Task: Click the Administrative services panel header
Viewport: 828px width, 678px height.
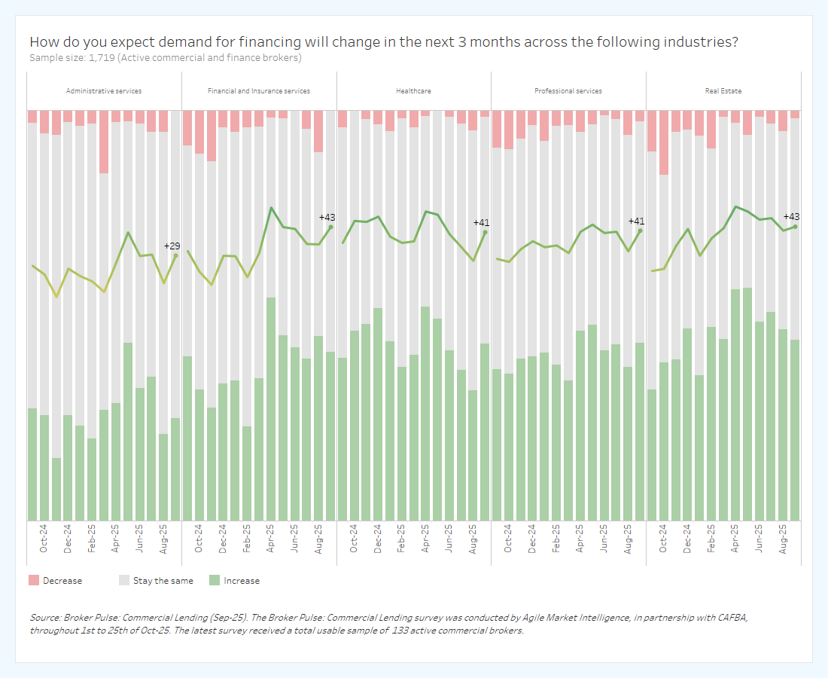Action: pos(104,91)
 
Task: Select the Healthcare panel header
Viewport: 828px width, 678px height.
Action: pos(413,91)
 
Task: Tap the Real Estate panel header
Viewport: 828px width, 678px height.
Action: pos(723,91)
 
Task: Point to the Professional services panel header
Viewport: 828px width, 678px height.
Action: pos(568,91)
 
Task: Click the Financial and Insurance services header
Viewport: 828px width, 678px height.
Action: pos(259,91)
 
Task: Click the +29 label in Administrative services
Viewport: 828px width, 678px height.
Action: pos(172,246)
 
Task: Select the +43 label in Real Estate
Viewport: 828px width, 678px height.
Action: pos(791,216)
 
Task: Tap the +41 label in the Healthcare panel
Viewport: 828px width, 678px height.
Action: pos(481,222)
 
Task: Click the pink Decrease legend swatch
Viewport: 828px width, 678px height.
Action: pos(33,581)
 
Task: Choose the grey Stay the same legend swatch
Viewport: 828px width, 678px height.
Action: pos(123,581)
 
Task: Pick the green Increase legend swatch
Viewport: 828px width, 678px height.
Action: pos(215,581)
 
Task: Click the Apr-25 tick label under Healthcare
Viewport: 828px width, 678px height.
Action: pos(425,539)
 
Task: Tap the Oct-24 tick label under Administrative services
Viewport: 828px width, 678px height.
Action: pos(44,539)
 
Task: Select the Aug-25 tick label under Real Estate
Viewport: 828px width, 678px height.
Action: pos(783,539)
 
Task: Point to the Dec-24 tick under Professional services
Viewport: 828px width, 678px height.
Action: pos(532,539)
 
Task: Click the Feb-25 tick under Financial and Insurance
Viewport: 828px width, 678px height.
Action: pos(246,539)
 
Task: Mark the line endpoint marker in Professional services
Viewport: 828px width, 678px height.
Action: pos(641,231)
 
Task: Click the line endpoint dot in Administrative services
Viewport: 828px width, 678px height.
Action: pos(175,255)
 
